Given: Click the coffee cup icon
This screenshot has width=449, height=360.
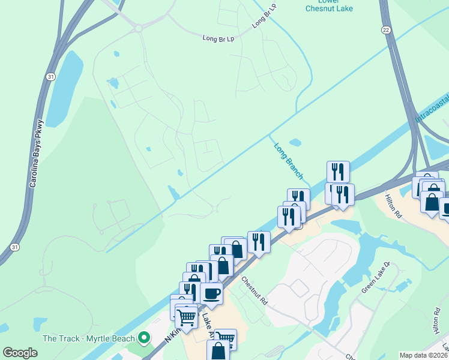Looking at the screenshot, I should coord(211,293).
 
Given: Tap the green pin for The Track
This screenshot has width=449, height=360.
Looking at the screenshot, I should coord(143,338).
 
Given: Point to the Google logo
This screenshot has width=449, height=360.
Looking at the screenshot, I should coord(20,353).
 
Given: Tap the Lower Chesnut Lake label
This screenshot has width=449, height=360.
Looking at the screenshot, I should coord(329,5).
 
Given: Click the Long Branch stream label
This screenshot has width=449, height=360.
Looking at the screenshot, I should coord(289,161).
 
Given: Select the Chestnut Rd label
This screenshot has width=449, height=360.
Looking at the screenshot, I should coord(255,291).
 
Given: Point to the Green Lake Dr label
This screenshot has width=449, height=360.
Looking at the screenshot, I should coord(376,277).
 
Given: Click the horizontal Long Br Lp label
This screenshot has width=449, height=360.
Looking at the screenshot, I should coord(217,38).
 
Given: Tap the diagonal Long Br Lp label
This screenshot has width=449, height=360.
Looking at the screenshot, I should coord(264,16).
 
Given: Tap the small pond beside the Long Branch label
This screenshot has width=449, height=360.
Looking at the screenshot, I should coord(295,143).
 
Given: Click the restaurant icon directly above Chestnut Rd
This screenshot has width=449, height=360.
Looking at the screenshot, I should coord(259,242).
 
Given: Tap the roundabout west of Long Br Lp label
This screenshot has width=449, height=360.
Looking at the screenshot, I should coord(139,28).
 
